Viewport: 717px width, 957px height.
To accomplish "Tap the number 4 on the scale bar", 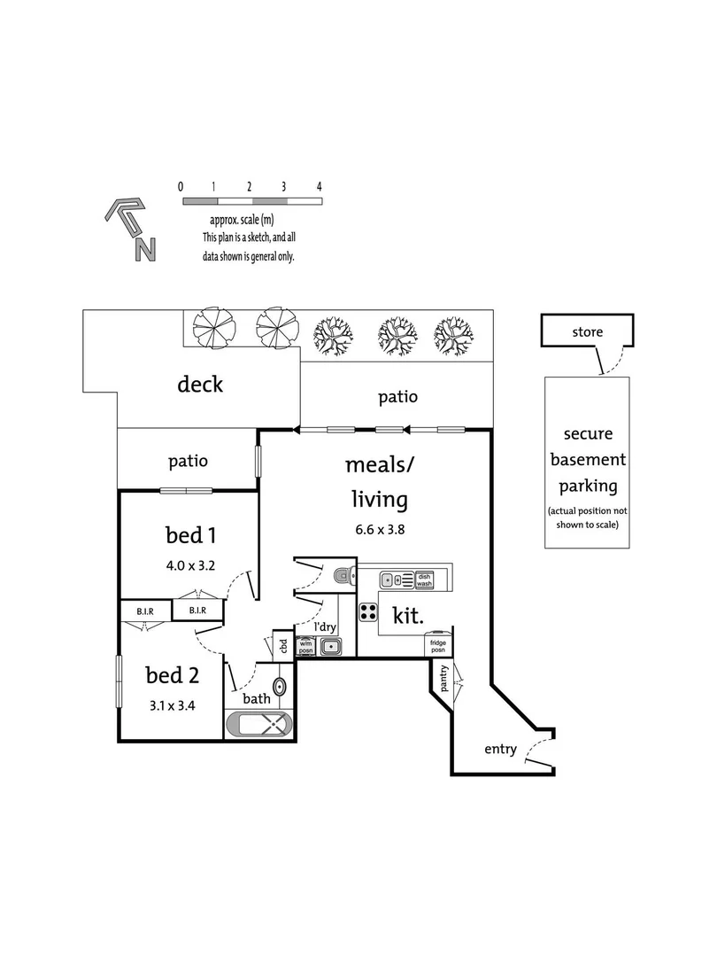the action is [319, 187].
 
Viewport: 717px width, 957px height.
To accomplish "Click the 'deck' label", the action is [200, 384].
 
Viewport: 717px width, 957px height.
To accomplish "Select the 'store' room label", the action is [587, 332].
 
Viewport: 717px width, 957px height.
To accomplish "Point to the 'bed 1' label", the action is [191, 534].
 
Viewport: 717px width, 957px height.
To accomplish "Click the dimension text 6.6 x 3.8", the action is [380, 529].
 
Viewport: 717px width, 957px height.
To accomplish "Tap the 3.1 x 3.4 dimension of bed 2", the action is [172, 705].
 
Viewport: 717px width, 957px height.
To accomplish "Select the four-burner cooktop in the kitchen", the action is [367, 611].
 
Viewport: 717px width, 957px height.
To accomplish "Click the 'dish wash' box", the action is [424, 580].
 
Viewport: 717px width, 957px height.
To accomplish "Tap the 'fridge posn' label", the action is [438, 646].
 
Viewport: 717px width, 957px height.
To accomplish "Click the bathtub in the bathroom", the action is [259, 725].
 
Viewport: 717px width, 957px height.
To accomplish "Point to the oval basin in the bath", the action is [279, 688].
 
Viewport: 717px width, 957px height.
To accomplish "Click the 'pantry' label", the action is [443, 678].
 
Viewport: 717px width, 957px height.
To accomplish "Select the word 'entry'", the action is [500, 749].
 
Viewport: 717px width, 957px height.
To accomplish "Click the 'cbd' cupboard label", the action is [283, 646].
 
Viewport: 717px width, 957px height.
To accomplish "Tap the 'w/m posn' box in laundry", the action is [305, 646].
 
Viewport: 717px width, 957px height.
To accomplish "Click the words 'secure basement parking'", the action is [588, 460].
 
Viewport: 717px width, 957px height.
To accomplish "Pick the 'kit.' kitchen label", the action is [408, 615].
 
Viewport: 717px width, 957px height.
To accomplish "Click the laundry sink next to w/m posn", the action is [329, 646].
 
